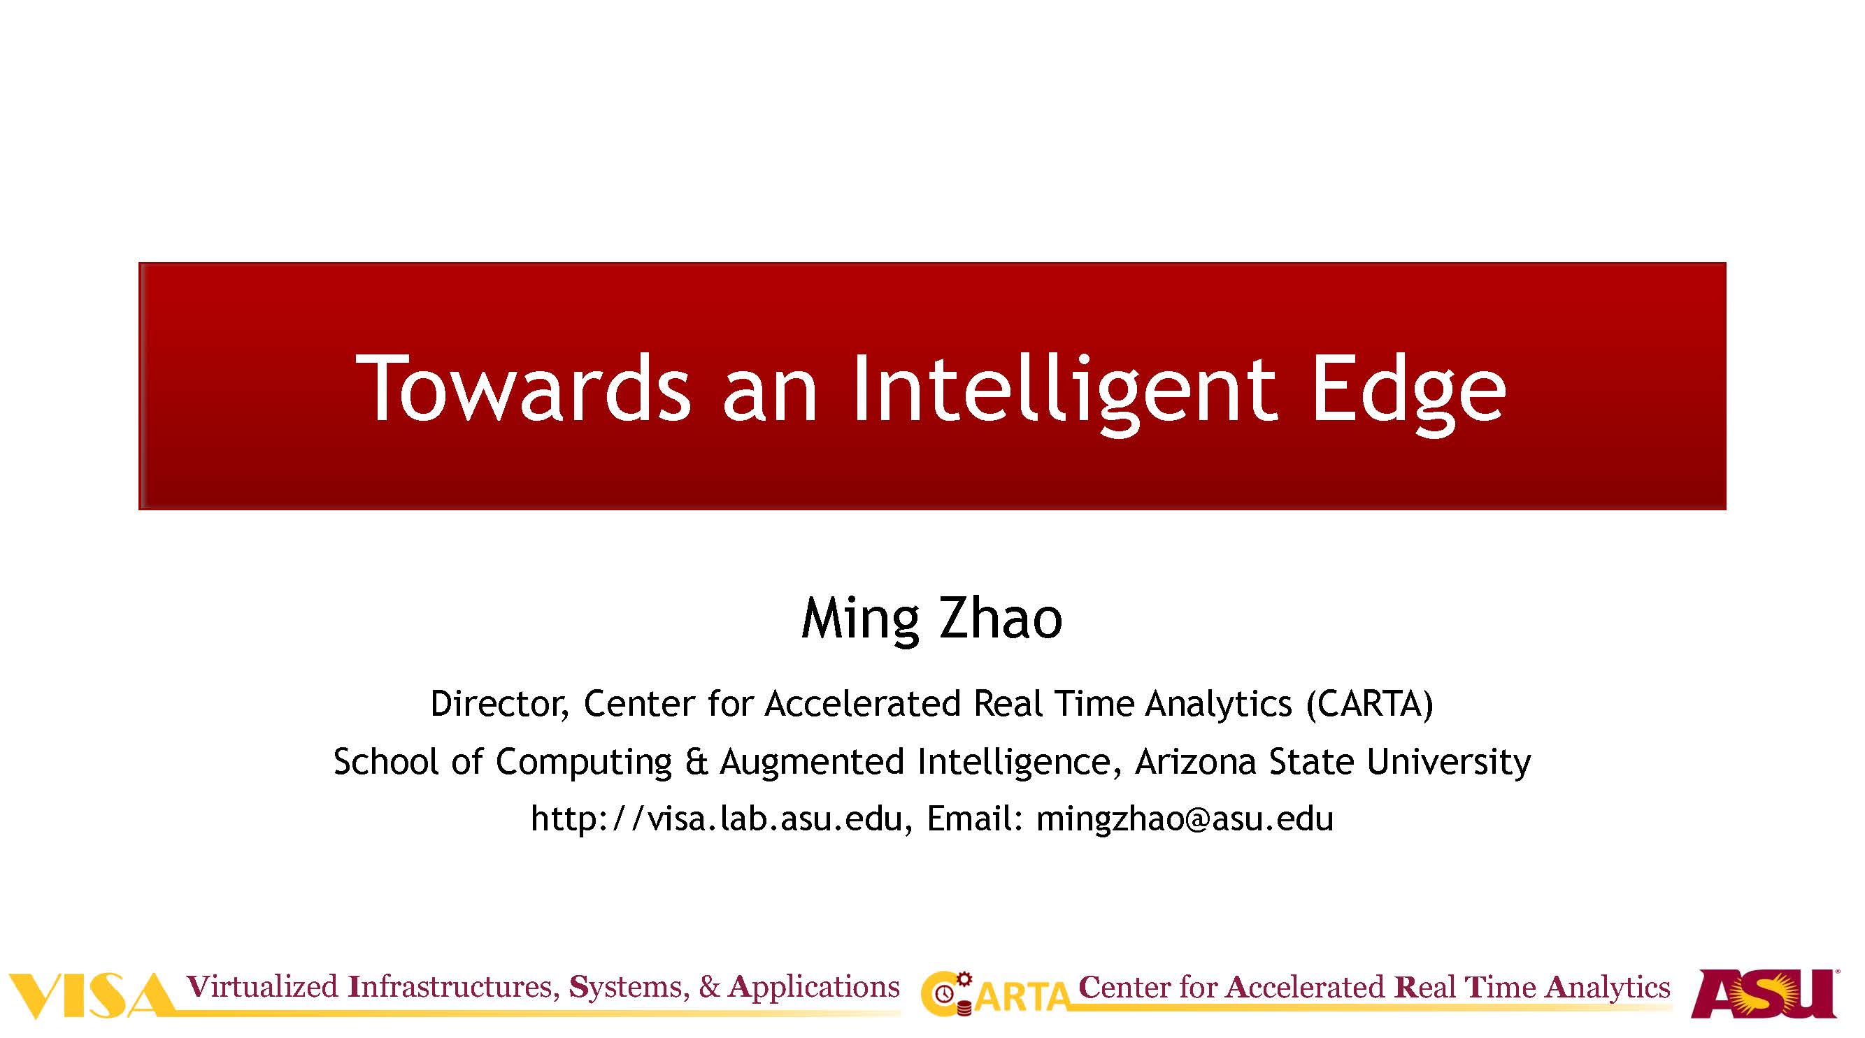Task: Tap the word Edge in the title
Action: pyautogui.click(x=1408, y=394)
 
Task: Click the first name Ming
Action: pyautogui.click(x=859, y=619)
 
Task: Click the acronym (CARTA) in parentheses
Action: pyautogui.click(x=1370, y=704)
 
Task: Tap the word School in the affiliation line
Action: pyautogui.click(x=386, y=761)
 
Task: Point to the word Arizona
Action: pyautogui.click(x=1195, y=761)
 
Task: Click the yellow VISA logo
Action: pyautogui.click(x=90, y=996)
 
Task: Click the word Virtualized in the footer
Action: pyautogui.click(x=262, y=986)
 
